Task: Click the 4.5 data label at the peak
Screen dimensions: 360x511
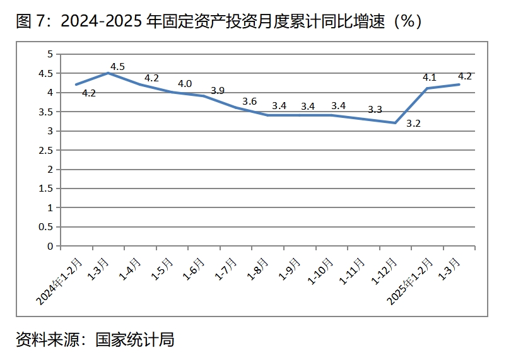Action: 117,66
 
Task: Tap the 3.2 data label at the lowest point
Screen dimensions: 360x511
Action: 413,124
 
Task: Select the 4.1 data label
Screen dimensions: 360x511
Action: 430,78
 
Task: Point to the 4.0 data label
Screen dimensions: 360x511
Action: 185,83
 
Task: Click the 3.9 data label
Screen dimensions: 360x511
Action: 217,91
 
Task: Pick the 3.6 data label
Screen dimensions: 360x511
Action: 249,101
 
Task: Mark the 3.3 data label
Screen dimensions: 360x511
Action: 375,110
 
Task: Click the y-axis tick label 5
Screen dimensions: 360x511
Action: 50,54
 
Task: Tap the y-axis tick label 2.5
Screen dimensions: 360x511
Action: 45,150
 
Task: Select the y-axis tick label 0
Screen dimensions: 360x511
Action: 50,246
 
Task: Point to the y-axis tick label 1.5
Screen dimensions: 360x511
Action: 45,189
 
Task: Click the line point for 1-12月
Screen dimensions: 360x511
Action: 395,122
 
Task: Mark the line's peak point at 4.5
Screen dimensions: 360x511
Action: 108,73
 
